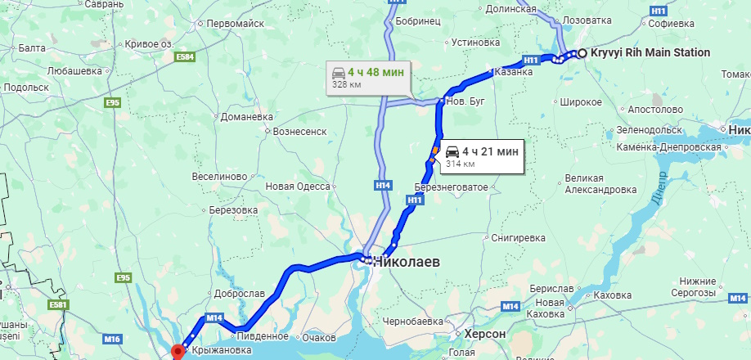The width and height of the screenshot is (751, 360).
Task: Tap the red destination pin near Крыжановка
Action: point(178,352)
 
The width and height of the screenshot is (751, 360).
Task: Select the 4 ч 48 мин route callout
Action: point(367,78)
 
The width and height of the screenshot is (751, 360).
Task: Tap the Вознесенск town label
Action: point(300,130)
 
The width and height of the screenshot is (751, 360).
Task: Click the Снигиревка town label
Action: point(519,238)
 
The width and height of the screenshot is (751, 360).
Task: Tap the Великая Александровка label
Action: point(600,184)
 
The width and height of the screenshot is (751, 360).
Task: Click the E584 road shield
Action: point(186,57)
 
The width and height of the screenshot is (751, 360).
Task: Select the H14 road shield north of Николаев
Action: point(383,187)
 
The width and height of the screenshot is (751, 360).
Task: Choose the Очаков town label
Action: point(319,338)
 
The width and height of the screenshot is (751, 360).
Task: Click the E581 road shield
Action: point(57,305)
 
